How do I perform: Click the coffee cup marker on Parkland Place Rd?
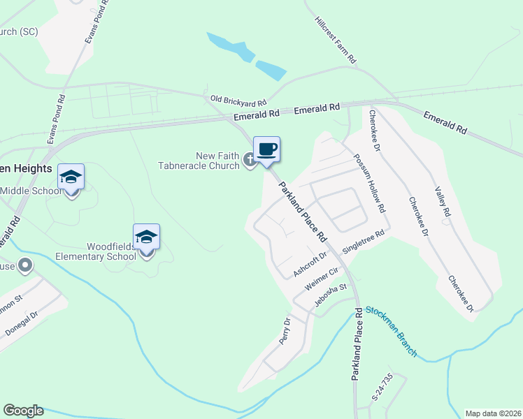tap(266, 149)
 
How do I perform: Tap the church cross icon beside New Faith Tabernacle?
tap(250, 161)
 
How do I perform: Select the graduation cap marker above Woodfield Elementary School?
tap(146, 237)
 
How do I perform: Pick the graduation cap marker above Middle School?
tap(71, 177)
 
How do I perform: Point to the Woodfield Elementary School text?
tap(111, 251)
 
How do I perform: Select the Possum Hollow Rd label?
tap(369, 183)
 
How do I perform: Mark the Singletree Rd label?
tap(364, 242)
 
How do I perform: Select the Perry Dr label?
tap(285, 331)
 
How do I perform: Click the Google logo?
tap(23, 411)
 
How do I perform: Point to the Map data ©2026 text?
tap(493, 413)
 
